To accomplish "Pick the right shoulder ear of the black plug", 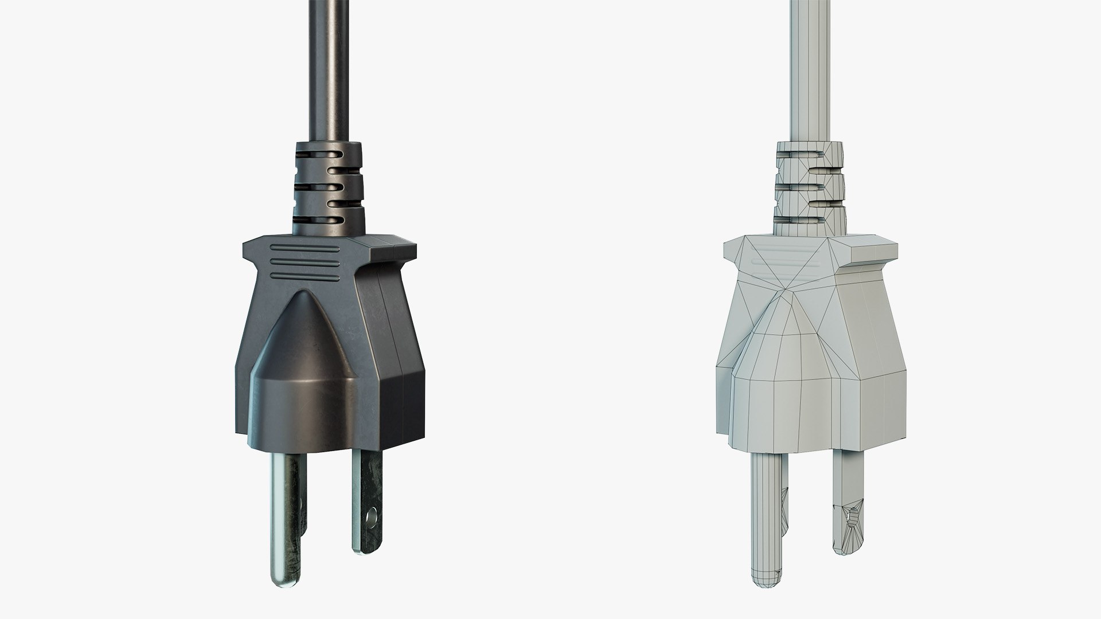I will click(x=396, y=250).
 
